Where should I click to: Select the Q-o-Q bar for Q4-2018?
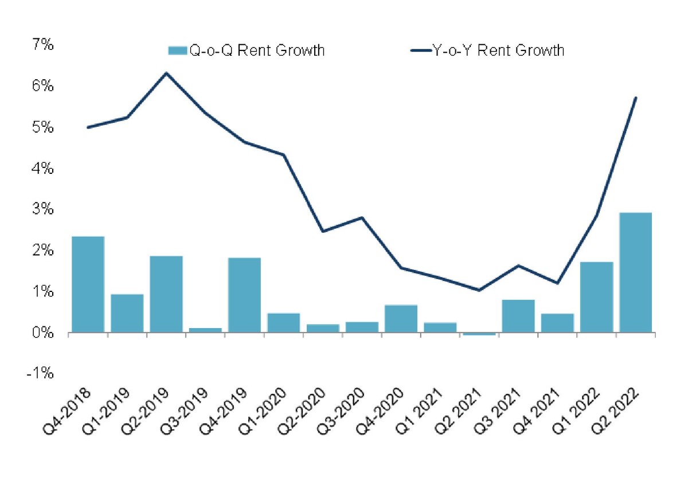88,284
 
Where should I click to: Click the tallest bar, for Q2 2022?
635,272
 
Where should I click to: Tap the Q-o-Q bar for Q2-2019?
166,294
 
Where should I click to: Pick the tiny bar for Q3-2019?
205,330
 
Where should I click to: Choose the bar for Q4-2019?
244,295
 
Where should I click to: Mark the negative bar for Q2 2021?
479,334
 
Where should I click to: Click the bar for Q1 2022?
596,297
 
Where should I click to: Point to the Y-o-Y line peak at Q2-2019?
166,73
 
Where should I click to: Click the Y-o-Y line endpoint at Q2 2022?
636,98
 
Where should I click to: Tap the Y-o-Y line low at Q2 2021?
479,290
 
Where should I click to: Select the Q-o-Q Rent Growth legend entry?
247,50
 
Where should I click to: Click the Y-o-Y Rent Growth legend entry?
487,50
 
